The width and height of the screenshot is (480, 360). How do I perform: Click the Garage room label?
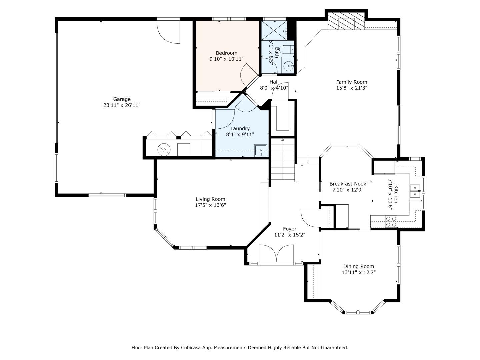pyautogui.click(x=122, y=99)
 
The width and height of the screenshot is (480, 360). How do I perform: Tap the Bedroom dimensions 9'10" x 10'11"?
pyautogui.click(x=226, y=59)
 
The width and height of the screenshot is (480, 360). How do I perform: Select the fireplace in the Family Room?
pyautogui.click(x=346, y=22)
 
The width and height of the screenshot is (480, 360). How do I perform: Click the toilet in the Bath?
pyautogui.click(x=286, y=50)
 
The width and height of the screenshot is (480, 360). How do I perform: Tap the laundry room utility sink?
pyautogui.click(x=261, y=150)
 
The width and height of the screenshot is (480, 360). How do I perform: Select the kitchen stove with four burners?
pyautogui.click(x=391, y=222)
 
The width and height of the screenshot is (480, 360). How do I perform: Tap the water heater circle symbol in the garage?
pyautogui.click(x=164, y=149)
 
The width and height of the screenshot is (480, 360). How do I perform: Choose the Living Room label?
pyautogui.click(x=210, y=199)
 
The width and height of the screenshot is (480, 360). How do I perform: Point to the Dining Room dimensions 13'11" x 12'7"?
pyautogui.click(x=359, y=272)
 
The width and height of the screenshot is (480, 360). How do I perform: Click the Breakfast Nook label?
pyautogui.click(x=348, y=184)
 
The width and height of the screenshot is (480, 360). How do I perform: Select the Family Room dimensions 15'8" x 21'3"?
pyautogui.click(x=352, y=88)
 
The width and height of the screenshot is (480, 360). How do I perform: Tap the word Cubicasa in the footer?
pyautogui.click(x=193, y=348)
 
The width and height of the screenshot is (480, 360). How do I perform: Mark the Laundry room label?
pyautogui.click(x=240, y=128)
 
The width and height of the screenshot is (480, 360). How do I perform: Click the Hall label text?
pyautogui.click(x=274, y=82)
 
